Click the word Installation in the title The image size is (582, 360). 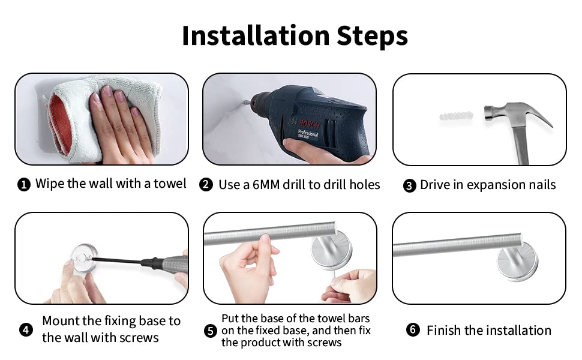pos(256,35)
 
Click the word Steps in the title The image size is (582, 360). pos(372,37)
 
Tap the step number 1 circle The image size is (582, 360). pos(24,184)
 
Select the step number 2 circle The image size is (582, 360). pos(206,184)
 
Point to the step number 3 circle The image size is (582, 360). pos(409,185)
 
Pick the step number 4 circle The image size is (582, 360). pos(26,329)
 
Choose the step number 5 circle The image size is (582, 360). pos(211,331)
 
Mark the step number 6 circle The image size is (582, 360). pos(413,329)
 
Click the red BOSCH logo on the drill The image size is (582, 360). pos(310,124)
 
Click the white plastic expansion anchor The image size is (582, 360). pos(456,116)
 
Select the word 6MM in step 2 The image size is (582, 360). pos(266,185)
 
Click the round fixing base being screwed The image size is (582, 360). pos(84,259)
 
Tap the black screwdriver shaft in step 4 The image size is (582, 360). pos(117,260)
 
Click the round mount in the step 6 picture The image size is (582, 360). pos(518,263)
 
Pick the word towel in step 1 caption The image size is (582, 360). pos(170,184)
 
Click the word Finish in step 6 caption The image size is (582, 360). pos(443,330)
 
